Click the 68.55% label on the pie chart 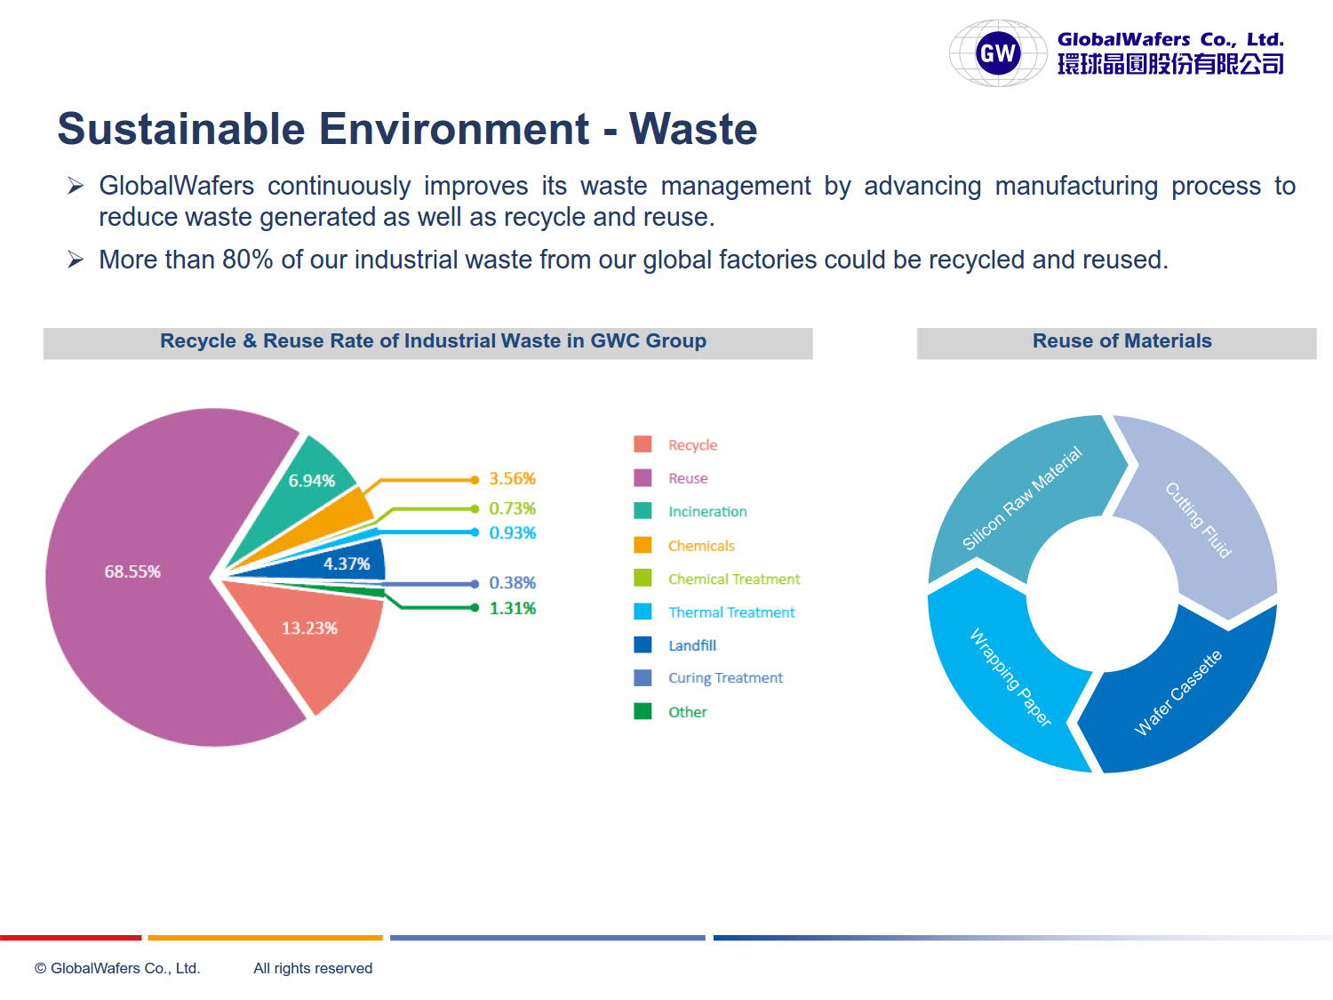(132, 572)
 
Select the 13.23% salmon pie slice (310, 637)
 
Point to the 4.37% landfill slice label (347, 564)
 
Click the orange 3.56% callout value (513, 478)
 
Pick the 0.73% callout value (513, 508)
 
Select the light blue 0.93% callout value (513, 532)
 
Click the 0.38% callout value (513, 583)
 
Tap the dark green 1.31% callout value (513, 608)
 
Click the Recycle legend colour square (643, 444)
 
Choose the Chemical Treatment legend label (734, 580)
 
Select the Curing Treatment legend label (725, 678)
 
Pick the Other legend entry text (688, 712)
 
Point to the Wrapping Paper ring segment (1002, 674)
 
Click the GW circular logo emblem (998, 52)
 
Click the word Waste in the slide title (693, 129)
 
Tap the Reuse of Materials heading (1122, 341)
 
